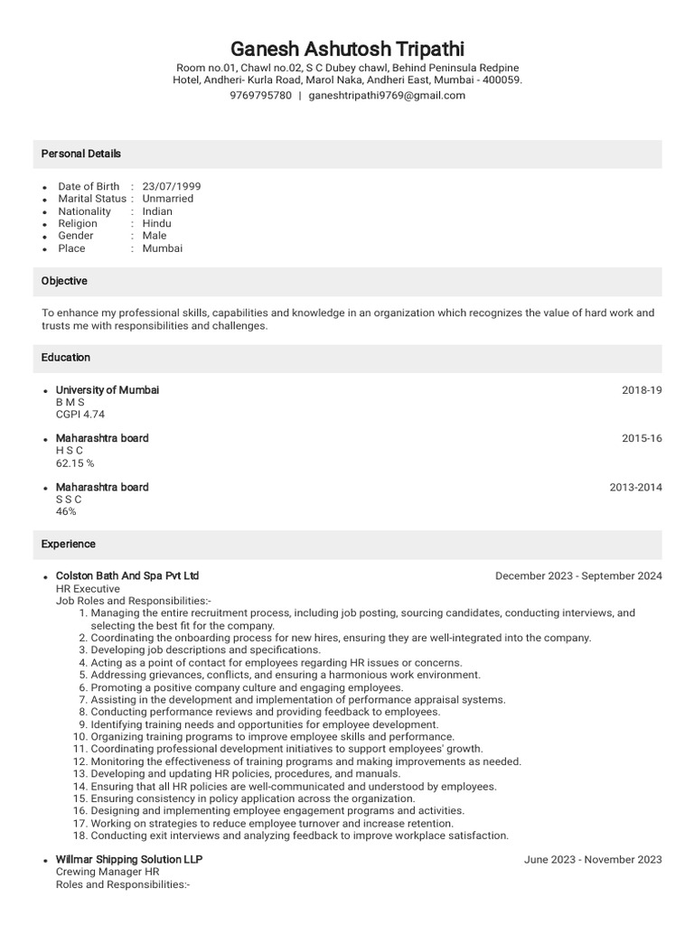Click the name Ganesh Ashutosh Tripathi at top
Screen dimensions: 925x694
pyautogui.click(x=347, y=48)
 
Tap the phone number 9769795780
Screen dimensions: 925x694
pyautogui.click(x=260, y=96)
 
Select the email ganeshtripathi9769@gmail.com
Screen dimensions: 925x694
pyautogui.click(x=387, y=96)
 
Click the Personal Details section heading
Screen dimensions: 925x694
pyautogui.click(x=81, y=154)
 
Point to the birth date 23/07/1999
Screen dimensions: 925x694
pyautogui.click(x=172, y=186)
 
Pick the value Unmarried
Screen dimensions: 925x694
pyautogui.click(x=168, y=199)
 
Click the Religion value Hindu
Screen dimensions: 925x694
pyautogui.click(x=156, y=223)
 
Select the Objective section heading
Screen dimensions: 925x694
pyautogui.click(x=64, y=281)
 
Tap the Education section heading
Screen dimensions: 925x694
pyautogui.click(x=66, y=358)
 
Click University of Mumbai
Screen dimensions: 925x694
pyautogui.click(x=108, y=390)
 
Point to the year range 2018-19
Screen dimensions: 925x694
pyautogui.click(x=642, y=390)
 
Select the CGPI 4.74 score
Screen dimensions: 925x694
pyautogui.click(x=80, y=415)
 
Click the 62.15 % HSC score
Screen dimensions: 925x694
pyautogui.click(x=75, y=462)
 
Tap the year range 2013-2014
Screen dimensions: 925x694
pyautogui.click(x=635, y=488)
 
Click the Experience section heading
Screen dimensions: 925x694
pyautogui.click(x=69, y=545)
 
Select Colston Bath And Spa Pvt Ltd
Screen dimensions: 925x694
pyautogui.click(x=127, y=575)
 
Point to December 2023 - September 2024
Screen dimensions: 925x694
pyautogui.click(x=578, y=576)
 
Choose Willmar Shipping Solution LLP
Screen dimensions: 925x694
pyautogui.click(x=129, y=859)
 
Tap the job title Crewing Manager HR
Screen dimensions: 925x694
pyautogui.click(x=108, y=873)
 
